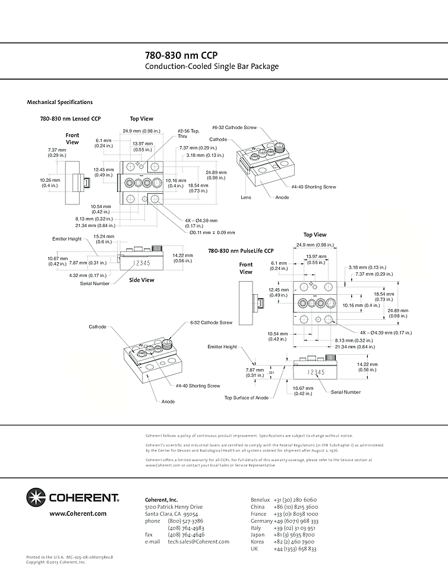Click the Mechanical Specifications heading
(59, 102)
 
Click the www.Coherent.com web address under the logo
(78, 513)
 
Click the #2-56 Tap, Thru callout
(188, 133)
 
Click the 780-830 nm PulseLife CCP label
(244, 251)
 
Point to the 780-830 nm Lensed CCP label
(70, 119)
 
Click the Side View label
(142, 280)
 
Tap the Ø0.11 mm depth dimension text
(212, 232)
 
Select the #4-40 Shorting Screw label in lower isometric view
(198, 386)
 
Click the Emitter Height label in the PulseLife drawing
(222, 346)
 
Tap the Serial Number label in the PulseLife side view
(345, 392)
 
